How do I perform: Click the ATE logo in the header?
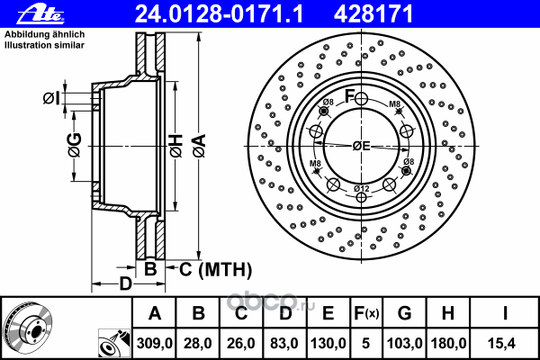click(x=40, y=14)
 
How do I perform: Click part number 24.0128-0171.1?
click(x=219, y=14)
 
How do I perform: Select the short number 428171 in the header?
click(x=373, y=14)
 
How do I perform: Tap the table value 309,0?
click(x=154, y=343)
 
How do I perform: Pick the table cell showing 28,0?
click(x=198, y=343)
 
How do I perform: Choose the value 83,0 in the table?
click(x=284, y=343)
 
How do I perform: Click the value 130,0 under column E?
click(x=328, y=343)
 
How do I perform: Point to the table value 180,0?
click(x=448, y=343)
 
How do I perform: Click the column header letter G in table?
click(x=405, y=313)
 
